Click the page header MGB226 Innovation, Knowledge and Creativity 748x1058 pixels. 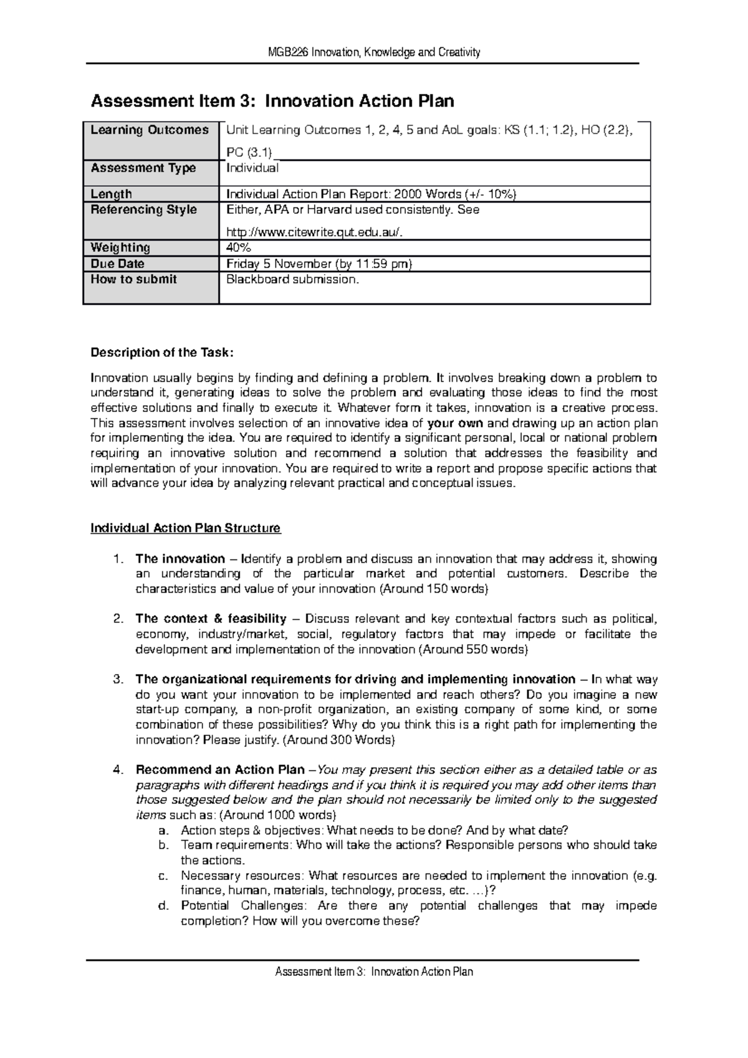click(373, 52)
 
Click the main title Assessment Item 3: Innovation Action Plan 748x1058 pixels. click(272, 101)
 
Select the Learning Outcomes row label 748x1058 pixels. click(150, 130)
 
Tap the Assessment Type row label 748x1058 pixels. click(143, 168)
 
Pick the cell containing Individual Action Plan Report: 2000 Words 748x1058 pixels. click(372, 194)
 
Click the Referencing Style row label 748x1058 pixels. click(144, 210)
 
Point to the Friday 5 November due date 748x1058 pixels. click(319, 264)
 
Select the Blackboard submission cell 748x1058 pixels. click(293, 280)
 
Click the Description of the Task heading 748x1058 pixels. click(162, 353)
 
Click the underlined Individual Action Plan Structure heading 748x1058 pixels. click(186, 528)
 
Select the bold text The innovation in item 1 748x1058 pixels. click(180, 559)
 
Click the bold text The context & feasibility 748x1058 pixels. click(211, 619)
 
